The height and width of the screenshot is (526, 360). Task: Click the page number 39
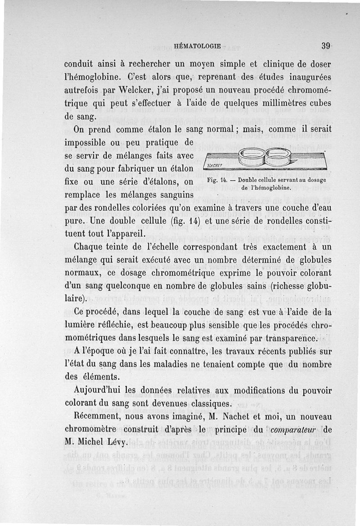click(327, 46)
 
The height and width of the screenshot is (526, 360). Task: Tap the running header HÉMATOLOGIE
click(197, 46)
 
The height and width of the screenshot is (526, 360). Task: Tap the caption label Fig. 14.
click(218, 181)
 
